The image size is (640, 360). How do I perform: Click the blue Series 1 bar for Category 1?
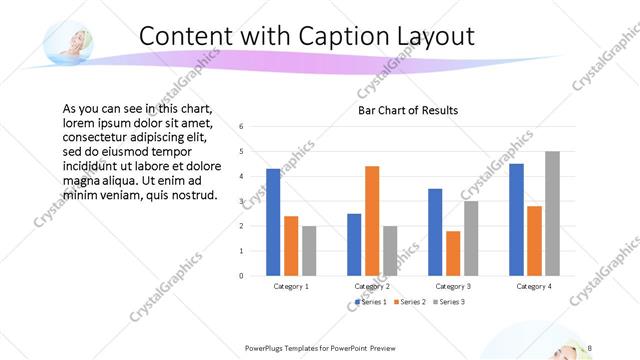273,222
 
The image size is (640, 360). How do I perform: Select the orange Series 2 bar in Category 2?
372,220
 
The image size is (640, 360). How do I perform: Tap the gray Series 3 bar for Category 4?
552,213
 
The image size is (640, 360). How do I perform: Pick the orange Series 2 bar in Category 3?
453,253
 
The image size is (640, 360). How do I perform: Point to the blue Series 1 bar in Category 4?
516,219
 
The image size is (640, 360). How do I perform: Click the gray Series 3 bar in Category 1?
309,250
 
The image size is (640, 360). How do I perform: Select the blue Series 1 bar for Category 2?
354,244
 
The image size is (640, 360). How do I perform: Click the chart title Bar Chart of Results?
408,110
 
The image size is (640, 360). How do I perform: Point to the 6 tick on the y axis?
241,127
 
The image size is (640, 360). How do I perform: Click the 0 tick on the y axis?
241,275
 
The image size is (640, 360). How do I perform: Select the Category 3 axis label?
453,286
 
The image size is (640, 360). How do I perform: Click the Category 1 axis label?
291,286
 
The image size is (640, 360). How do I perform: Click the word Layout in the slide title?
430,36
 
